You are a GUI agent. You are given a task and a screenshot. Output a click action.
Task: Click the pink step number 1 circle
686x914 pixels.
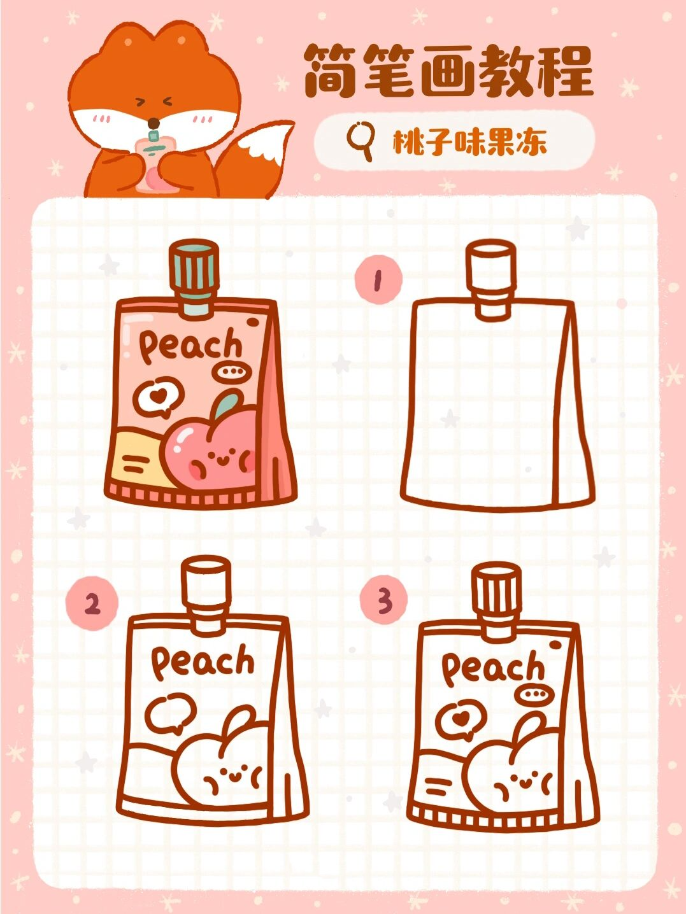pos(378,280)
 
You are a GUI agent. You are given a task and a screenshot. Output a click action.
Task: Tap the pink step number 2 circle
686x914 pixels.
pos(92,603)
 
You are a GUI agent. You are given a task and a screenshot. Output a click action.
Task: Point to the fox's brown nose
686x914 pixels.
pos(154,123)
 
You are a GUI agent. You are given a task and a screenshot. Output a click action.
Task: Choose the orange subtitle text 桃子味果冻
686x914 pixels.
pos(469,143)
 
